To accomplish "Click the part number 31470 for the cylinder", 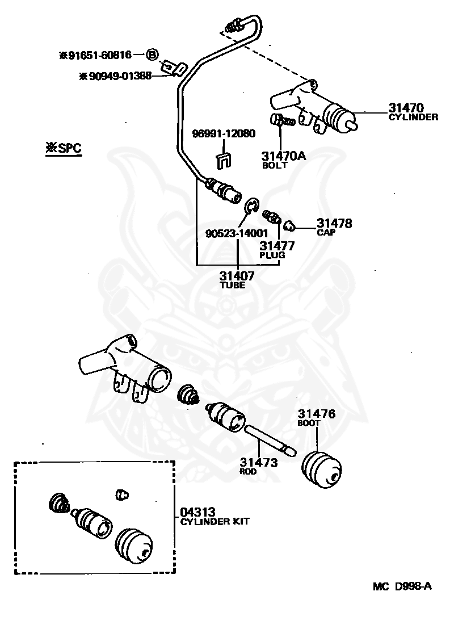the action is point(406,107).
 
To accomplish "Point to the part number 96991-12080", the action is point(224,133).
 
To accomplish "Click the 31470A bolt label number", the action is point(284,156).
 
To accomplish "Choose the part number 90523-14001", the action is point(237,233).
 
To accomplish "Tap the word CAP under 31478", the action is point(326,232).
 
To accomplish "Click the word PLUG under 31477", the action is point(272,255).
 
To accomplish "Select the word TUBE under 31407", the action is point(232,285).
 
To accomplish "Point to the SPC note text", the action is point(64,148).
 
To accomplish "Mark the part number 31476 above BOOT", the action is point(317,414).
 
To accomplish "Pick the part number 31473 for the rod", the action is point(259,463).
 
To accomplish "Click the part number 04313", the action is point(197,512).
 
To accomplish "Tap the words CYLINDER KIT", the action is point(215,522).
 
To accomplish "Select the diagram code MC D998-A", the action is point(402,586).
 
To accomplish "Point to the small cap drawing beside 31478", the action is point(288,227).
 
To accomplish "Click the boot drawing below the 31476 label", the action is point(322,470).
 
